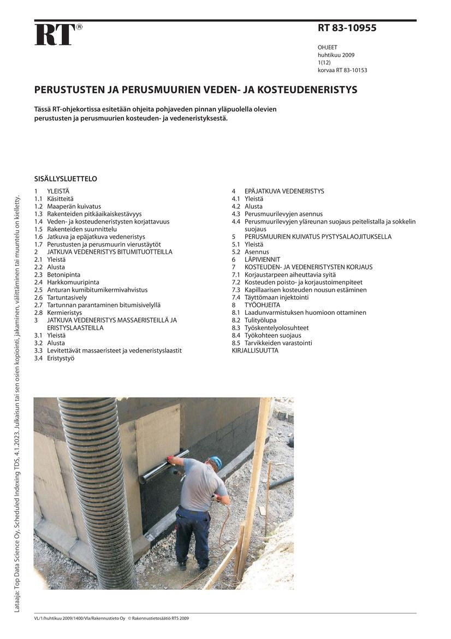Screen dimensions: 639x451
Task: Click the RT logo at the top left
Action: (x=55, y=35)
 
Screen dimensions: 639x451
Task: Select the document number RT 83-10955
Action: (x=347, y=28)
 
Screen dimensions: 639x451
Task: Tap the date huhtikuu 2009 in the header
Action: (x=336, y=55)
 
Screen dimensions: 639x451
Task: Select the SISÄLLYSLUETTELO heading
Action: (x=66, y=179)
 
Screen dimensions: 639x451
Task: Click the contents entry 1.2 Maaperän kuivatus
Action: (x=68, y=207)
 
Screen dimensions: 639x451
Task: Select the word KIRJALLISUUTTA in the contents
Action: (x=255, y=350)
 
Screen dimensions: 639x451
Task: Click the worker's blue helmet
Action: (x=216, y=462)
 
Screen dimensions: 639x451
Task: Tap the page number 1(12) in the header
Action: (x=324, y=63)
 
